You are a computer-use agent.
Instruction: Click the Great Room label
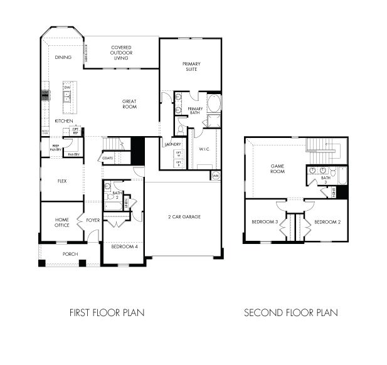[129, 104]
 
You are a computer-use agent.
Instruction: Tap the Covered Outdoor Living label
[120, 53]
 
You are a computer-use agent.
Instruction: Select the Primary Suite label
[190, 66]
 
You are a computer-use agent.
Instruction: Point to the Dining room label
[63, 57]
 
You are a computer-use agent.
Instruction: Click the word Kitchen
[63, 120]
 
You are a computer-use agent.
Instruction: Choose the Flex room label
[62, 181]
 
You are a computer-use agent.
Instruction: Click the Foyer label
[93, 220]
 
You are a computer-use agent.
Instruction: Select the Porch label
[70, 254]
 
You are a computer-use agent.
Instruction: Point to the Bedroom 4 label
[124, 246]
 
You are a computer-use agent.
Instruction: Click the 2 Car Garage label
[184, 217]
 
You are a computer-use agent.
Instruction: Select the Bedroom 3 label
[265, 222]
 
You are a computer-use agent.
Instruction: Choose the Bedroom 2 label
[327, 222]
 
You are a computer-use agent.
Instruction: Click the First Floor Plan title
[107, 312]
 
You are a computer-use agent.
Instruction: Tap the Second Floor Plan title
[291, 312]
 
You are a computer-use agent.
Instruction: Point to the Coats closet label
[107, 158]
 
